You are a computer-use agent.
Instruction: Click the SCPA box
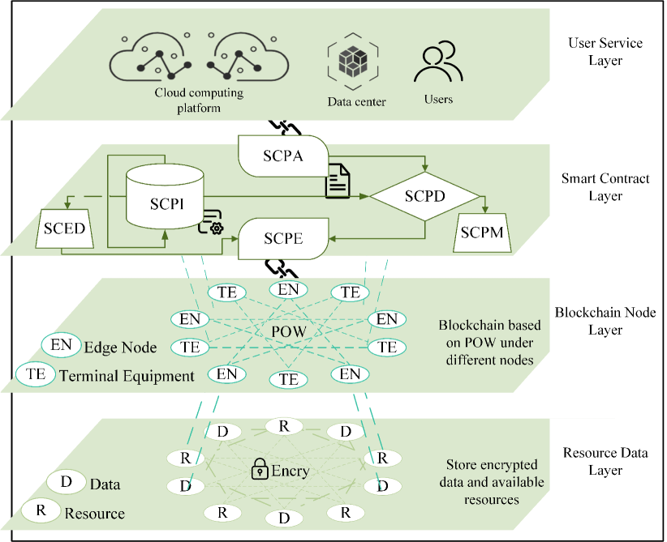(283, 156)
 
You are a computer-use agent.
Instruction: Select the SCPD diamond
(424, 196)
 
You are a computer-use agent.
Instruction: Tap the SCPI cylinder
(165, 196)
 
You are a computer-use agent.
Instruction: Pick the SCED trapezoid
(65, 228)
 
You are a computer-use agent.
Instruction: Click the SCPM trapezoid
(482, 233)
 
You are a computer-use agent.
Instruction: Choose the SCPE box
(283, 238)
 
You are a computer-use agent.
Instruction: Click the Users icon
(438, 61)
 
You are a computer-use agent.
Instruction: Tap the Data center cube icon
(353, 62)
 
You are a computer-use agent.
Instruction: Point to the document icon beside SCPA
(338, 181)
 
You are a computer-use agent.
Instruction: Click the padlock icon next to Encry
(260, 469)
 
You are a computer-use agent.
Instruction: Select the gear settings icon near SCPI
(210, 222)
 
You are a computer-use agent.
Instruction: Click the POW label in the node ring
(288, 331)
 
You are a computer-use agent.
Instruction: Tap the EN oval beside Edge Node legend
(61, 344)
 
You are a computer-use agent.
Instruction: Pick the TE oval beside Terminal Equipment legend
(36, 374)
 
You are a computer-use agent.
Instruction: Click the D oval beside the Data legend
(66, 482)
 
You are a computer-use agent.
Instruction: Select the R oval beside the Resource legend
(41, 510)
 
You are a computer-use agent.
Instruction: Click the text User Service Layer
(605, 51)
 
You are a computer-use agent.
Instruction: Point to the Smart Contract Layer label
(605, 187)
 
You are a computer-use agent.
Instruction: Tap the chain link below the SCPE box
(282, 269)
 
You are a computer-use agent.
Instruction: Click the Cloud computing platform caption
(199, 100)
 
